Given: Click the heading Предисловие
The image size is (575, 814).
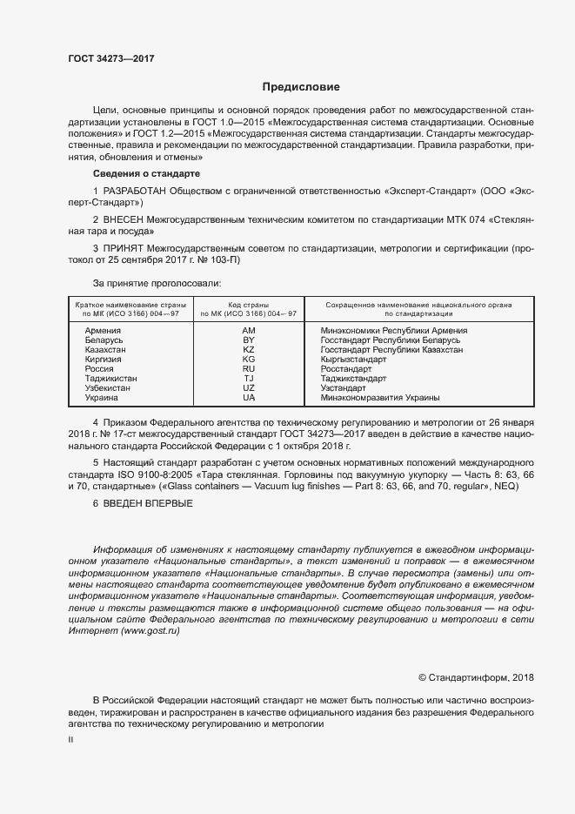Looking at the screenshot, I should point(302,87).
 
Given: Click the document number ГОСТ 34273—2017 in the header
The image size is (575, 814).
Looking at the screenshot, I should point(111,58).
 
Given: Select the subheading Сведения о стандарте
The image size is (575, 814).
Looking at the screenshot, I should point(140,174).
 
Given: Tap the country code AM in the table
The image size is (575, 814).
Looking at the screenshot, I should point(249,331).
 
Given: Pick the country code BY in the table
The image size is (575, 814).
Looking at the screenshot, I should point(249,340).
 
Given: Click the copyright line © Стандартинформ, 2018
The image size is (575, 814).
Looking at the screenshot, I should point(476,677).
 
